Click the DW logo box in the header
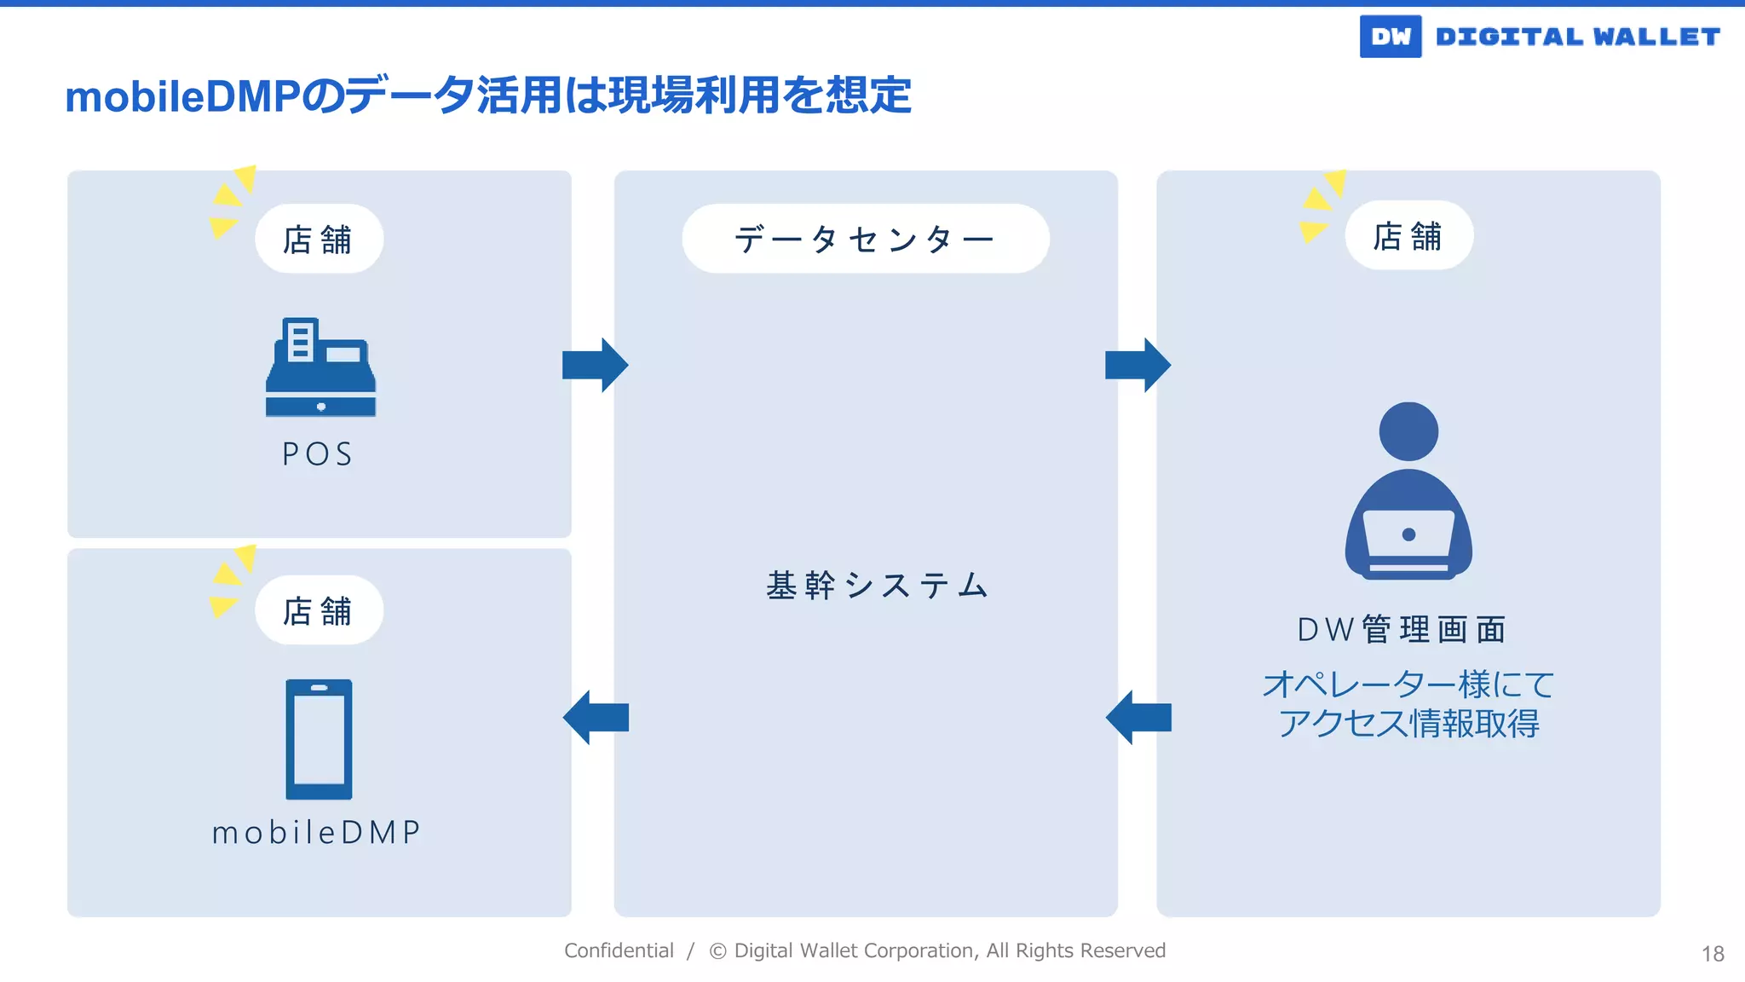(1390, 37)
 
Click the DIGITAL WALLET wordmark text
(1577, 37)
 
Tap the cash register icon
(320, 367)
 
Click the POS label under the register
(318, 454)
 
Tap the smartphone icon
(319, 739)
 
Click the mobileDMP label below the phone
(317, 832)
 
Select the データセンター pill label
(865, 239)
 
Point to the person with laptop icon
(1408, 492)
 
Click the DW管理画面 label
(1402, 630)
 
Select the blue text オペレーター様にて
(1408, 685)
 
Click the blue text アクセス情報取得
(1408, 724)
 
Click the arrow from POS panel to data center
(595, 365)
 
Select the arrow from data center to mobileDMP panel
(596, 718)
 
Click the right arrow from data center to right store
(1137, 365)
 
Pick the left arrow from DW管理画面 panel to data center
(1138, 718)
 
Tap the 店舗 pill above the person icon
(1408, 236)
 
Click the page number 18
(1713, 954)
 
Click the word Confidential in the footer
(619, 950)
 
